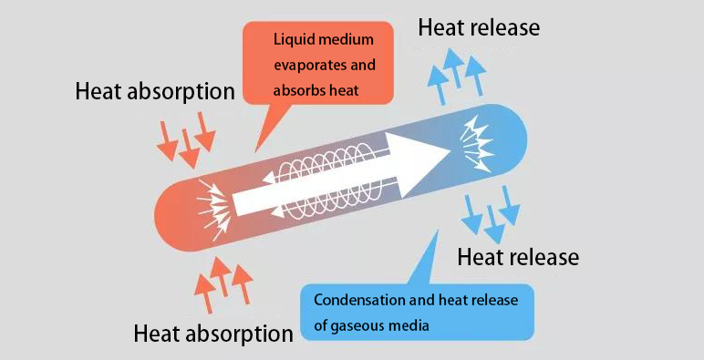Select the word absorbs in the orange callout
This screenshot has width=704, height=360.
[297, 92]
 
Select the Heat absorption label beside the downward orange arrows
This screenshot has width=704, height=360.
[155, 91]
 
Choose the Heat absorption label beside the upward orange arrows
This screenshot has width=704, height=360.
[213, 333]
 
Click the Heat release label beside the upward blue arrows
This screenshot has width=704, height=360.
[479, 27]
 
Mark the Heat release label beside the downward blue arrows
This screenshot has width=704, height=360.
[518, 257]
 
